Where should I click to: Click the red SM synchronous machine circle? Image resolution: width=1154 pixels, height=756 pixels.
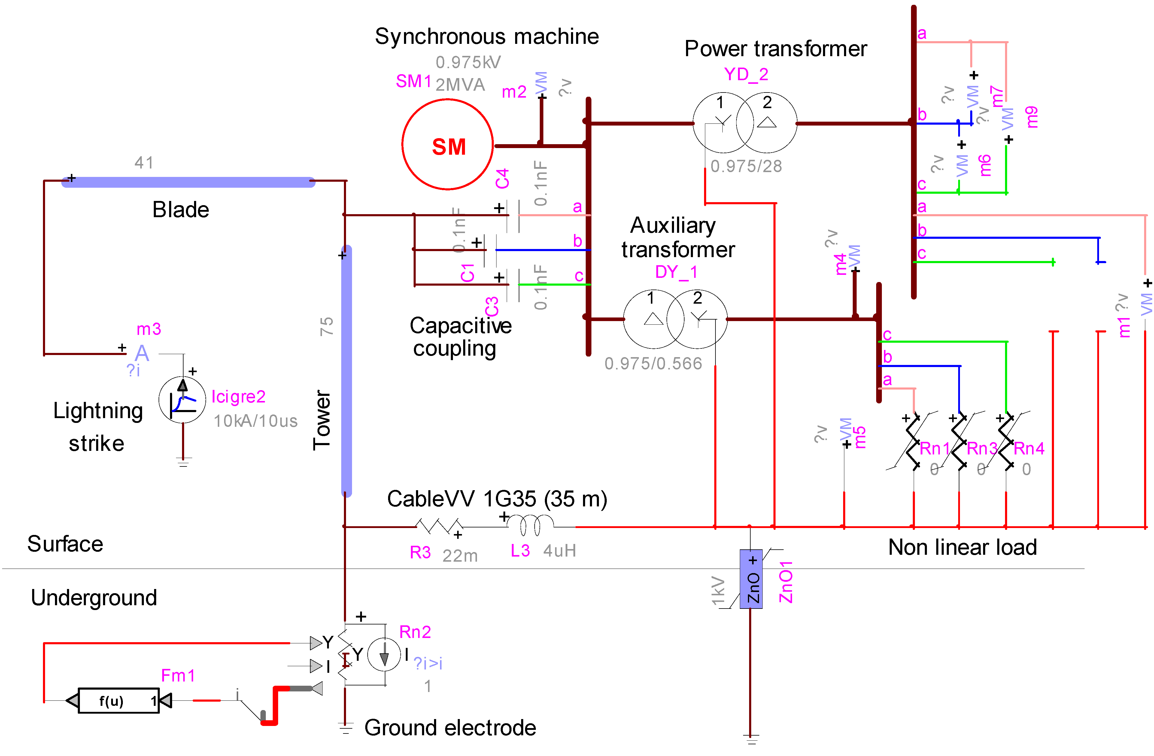448,144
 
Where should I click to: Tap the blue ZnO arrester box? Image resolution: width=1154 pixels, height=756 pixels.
751,579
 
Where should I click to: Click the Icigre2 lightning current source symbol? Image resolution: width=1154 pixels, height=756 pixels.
182,400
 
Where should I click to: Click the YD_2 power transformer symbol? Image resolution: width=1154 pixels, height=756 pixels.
744,123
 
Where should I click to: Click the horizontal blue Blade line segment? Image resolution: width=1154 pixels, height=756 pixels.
188,182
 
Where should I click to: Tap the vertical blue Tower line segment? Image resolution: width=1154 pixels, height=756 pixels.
346,371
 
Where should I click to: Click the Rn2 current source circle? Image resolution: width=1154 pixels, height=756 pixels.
384,655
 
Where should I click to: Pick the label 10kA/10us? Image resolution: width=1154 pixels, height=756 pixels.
256,421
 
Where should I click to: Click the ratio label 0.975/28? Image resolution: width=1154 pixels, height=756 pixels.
746,166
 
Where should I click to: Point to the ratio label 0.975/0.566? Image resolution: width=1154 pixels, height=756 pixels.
653,364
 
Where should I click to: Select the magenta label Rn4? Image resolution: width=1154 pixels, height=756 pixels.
1029,448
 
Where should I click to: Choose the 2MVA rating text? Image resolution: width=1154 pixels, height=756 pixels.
460,85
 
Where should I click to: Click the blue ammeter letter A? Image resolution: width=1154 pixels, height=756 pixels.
141,353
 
